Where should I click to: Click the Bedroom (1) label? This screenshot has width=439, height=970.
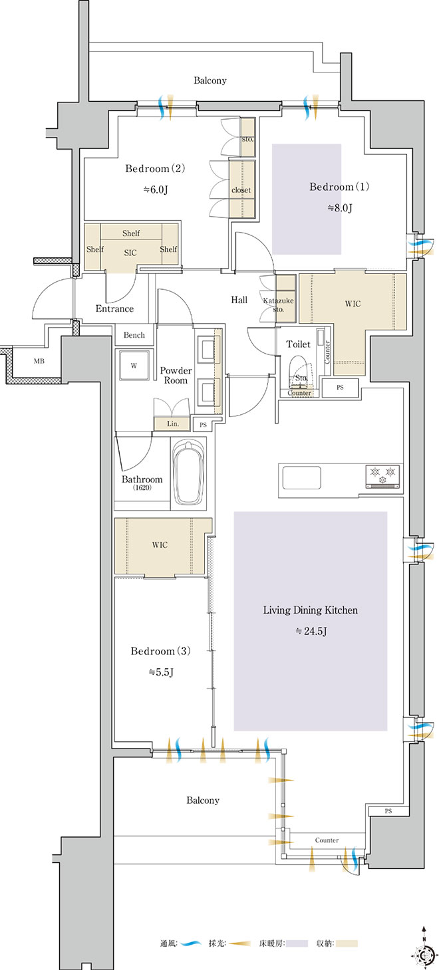[x=339, y=187]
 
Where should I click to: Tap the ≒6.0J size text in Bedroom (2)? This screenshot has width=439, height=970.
[x=156, y=189]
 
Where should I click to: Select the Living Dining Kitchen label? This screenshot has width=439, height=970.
[x=310, y=610]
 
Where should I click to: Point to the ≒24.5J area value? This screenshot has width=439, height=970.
[x=311, y=631]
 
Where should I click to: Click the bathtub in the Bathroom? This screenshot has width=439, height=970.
[x=188, y=473]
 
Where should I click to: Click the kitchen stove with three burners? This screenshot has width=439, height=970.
[x=383, y=477]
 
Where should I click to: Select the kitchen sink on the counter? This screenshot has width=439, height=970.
[x=301, y=477]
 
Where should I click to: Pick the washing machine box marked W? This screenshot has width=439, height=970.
[x=134, y=366]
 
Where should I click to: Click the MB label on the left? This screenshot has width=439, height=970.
[x=39, y=361]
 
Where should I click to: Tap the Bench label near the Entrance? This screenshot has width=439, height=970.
[x=134, y=335]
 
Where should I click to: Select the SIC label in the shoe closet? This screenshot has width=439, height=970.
[x=130, y=253]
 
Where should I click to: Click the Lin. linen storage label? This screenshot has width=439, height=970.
[x=172, y=424]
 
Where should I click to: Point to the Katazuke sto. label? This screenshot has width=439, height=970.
[x=278, y=304]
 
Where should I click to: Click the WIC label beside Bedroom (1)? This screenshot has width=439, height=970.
[x=353, y=304]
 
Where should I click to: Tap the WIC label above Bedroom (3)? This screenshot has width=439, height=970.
[x=160, y=545]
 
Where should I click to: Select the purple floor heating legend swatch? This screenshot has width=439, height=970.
[x=297, y=955]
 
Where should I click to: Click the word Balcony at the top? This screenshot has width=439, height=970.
[x=210, y=80]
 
